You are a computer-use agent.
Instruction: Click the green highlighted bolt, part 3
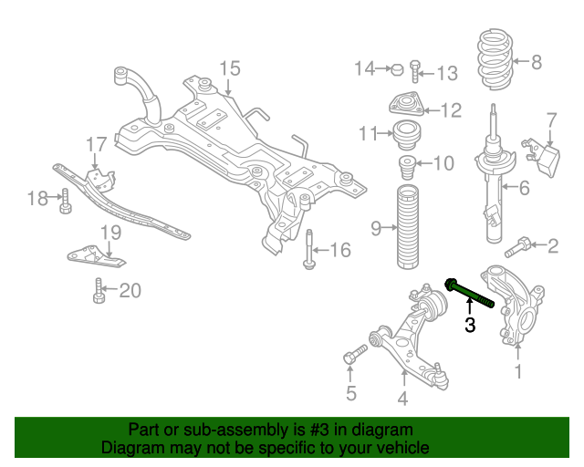point(470,295)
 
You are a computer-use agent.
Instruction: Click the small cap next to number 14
point(397,68)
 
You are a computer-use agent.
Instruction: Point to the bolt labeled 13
point(415,70)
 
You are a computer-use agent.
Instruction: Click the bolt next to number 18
point(66,201)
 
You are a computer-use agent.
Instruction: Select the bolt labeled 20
point(99,293)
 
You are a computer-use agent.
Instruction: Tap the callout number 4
point(401,397)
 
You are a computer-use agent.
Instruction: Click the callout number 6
point(524,189)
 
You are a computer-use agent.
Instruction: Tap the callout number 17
point(97,145)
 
